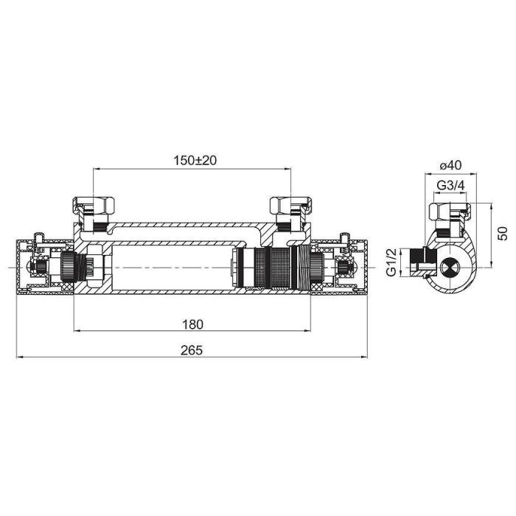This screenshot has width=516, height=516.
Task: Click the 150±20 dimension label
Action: tap(195, 160)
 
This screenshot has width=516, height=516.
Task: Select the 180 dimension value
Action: tap(193, 324)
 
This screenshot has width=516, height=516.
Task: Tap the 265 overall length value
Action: tap(192, 350)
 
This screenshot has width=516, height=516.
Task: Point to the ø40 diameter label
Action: tap(451, 165)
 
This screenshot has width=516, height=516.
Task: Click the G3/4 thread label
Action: tap(450, 186)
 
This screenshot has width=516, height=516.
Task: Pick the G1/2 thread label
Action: tap(391, 262)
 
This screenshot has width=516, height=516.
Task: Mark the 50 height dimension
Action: tap(503, 234)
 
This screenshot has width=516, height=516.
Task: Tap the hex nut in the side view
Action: tap(450, 212)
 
